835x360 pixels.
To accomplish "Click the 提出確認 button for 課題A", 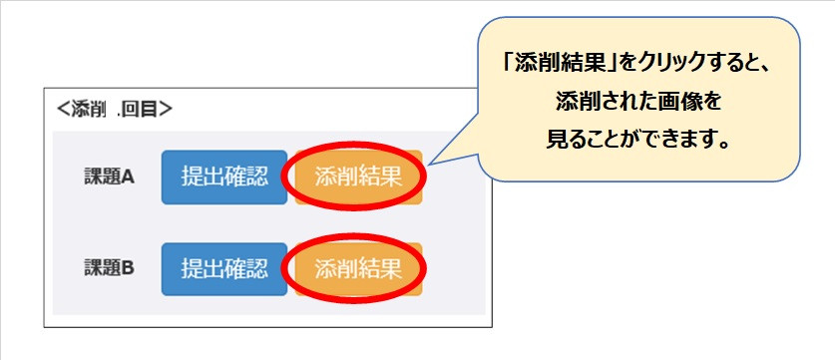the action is [x=224, y=178].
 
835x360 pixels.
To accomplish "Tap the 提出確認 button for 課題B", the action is [x=224, y=269].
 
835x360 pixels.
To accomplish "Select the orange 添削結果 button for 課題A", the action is [x=358, y=178].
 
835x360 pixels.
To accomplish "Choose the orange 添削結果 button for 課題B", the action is [x=358, y=269].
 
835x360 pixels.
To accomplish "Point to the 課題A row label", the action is [x=109, y=178].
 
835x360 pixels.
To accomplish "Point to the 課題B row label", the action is [x=109, y=269].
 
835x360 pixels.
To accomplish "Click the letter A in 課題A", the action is [x=128, y=178].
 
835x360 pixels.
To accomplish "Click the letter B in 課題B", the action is [x=128, y=269].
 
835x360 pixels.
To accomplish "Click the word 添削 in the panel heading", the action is [x=88, y=109].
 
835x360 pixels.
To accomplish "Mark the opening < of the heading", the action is [x=63, y=110].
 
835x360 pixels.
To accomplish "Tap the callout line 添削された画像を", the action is [x=638, y=102].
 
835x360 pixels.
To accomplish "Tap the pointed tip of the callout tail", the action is [x=430, y=164].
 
